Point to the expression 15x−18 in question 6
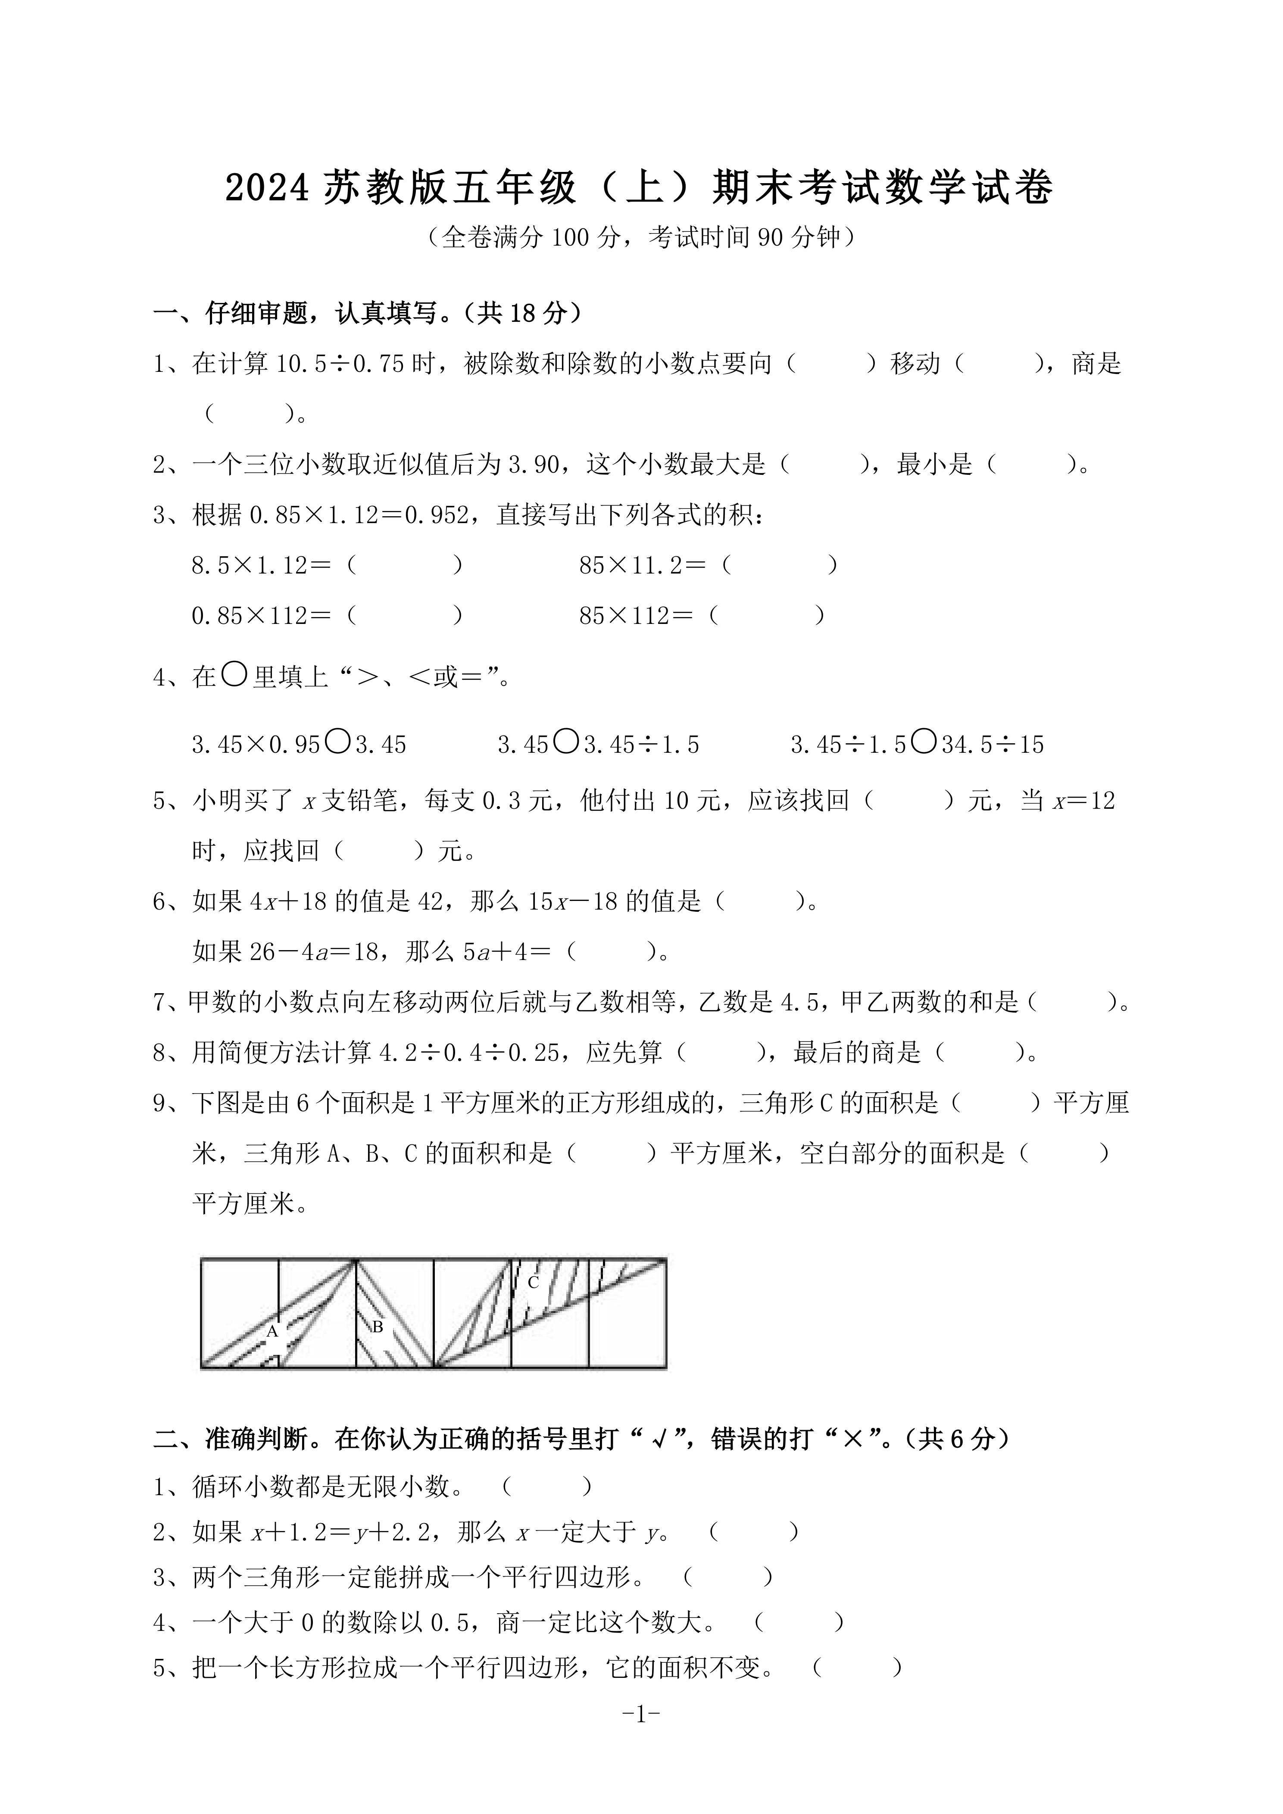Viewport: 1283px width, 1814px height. [571, 901]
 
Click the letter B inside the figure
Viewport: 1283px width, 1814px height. [378, 1327]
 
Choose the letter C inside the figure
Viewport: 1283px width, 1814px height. [533, 1282]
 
